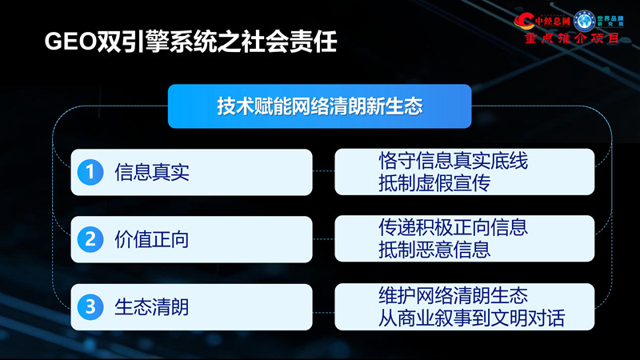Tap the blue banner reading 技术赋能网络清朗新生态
[319, 106]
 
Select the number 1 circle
[91, 171]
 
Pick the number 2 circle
[91, 238]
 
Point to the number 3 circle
[91, 306]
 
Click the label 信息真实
[152, 171]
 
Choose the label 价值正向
[152, 238]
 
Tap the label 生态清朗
[152, 306]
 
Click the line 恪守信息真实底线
[453, 161]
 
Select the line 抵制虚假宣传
[434, 183]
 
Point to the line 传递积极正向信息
[453, 228]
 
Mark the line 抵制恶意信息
[434, 250]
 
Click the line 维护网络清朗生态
[453, 295]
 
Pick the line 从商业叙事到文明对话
[471, 318]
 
